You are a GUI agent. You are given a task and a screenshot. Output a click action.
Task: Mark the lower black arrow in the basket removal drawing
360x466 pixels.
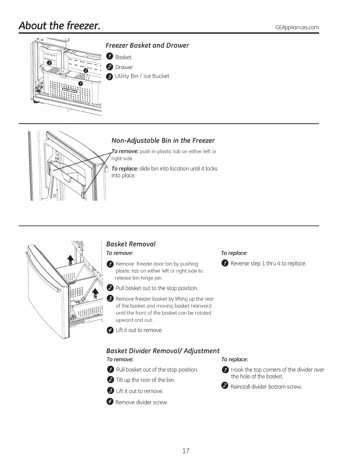click(x=95, y=293)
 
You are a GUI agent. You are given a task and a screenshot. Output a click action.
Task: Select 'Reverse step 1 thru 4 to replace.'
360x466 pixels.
click(x=268, y=263)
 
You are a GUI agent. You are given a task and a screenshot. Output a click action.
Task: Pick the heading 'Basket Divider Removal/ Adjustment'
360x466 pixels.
click(x=163, y=351)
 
